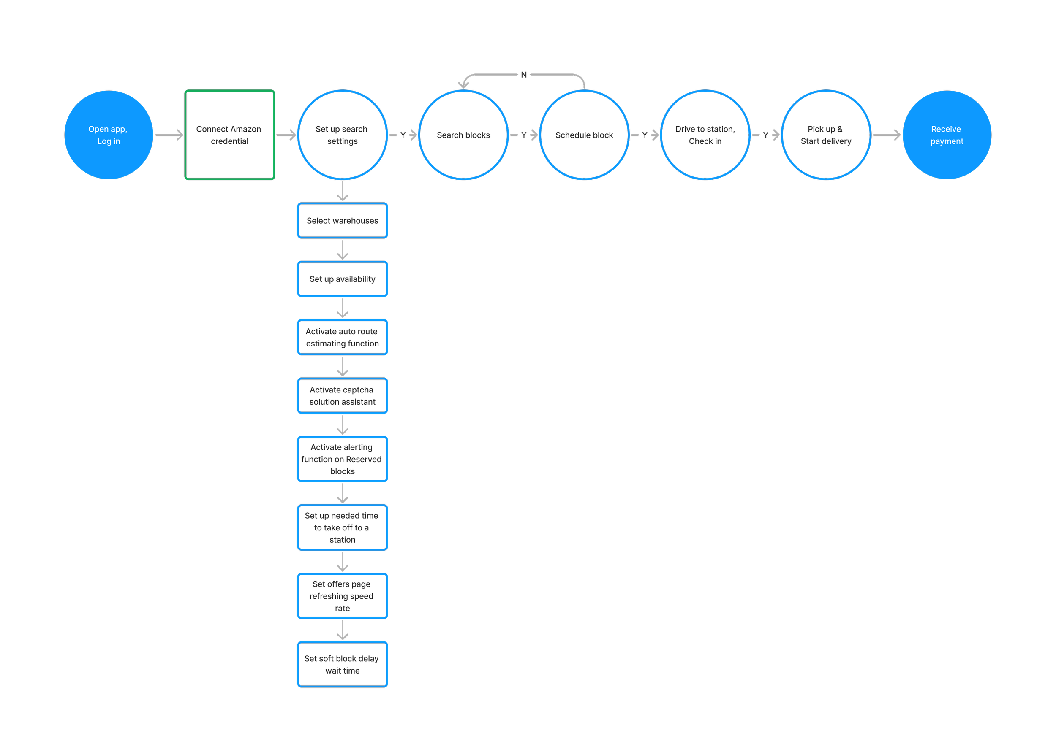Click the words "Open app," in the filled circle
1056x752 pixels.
107,129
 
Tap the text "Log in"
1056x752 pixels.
109,141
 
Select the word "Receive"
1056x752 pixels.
946,129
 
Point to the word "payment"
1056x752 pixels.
947,141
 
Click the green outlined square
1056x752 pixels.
230,135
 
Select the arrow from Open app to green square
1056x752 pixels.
169,135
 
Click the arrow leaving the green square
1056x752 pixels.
286,135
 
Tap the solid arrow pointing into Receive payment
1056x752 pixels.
887,135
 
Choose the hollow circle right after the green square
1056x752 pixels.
343,135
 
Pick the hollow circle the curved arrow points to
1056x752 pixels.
463,135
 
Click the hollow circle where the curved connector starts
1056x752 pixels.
584,135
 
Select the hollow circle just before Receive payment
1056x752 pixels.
826,135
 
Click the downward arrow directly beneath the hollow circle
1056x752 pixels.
343,191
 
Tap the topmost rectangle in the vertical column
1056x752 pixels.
343,220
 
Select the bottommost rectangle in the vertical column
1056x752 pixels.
343,664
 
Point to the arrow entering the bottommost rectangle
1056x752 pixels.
343,630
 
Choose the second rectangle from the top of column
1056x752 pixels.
343,279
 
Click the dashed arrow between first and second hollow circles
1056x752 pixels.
403,135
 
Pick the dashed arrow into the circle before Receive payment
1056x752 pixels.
766,135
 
